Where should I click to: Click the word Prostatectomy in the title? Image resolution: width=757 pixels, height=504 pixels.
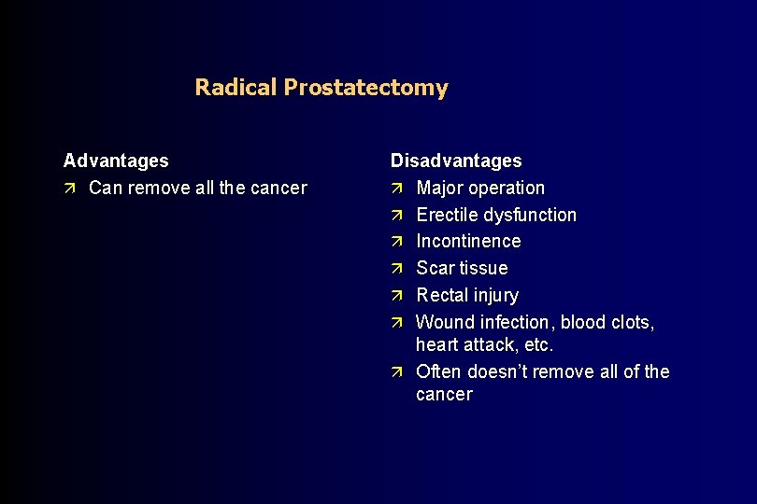point(365,88)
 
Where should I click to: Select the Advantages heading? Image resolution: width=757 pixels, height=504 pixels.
point(116,161)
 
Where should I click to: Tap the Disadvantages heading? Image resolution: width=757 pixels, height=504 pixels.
point(456,161)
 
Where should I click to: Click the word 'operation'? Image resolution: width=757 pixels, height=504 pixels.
point(508,189)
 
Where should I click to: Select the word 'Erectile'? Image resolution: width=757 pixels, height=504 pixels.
point(448,216)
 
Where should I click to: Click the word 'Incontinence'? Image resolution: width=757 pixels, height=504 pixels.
point(468,242)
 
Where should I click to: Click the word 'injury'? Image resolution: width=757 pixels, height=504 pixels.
point(495,296)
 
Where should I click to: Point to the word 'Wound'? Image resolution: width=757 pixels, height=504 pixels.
point(445,323)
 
